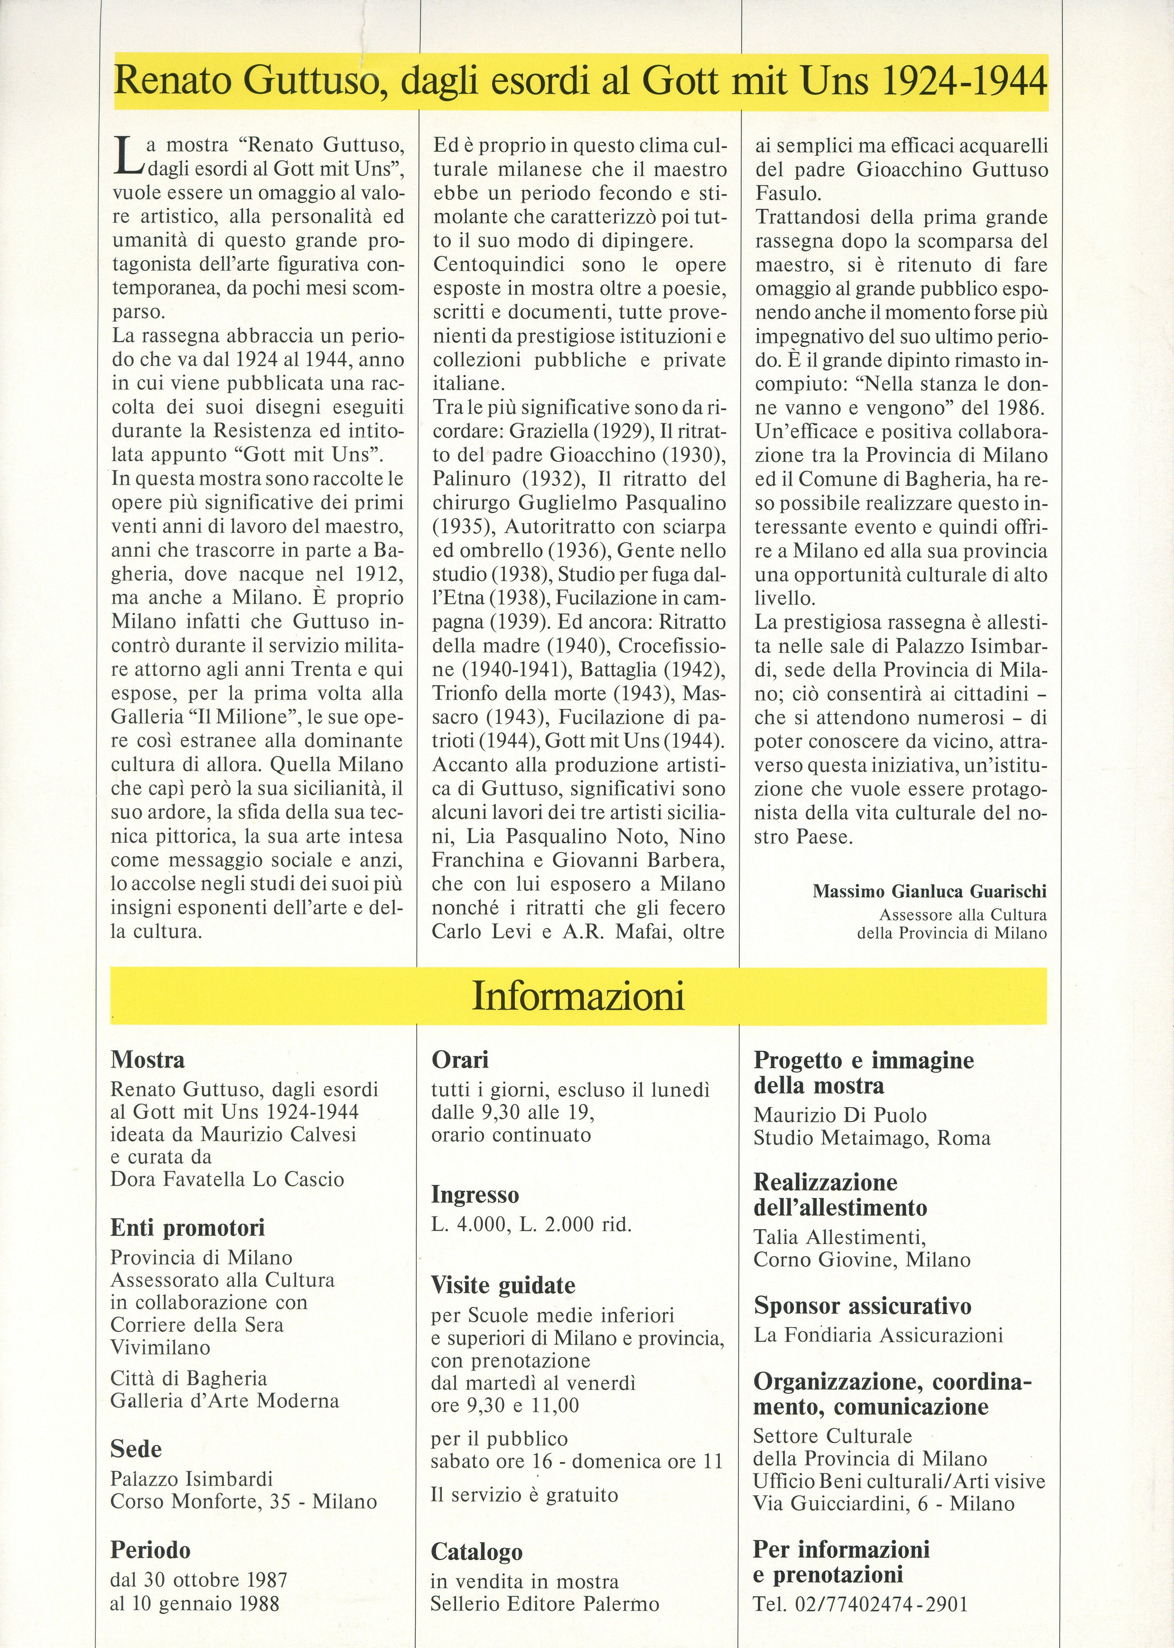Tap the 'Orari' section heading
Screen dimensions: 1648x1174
point(460,1060)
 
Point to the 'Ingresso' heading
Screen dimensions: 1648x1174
point(475,1195)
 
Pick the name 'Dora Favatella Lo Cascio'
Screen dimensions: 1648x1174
point(227,1179)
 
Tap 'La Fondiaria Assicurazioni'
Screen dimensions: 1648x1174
point(878,1335)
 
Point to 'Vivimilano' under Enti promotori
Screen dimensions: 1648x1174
point(160,1347)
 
